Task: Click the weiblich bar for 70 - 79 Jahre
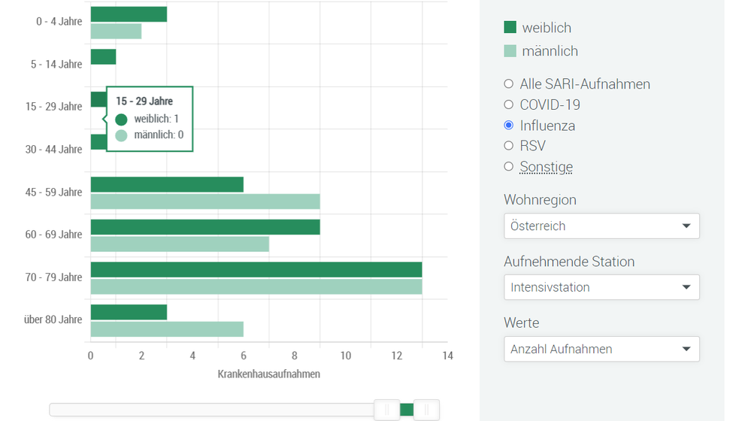tap(256, 269)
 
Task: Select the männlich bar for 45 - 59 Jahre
tap(205, 201)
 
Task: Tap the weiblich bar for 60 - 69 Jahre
tap(205, 227)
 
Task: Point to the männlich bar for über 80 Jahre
tap(167, 329)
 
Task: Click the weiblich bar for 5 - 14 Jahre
tap(103, 57)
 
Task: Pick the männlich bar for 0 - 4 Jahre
tap(116, 32)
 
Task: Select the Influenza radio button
tap(509, 126)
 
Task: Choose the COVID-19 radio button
tap(509, 104)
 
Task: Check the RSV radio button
tap(509, 146)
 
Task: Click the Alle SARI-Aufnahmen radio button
tap(509, 84)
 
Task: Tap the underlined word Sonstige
tap(546, 167)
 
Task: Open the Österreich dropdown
tap(601, 226)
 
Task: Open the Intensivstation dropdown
tap(601, 287)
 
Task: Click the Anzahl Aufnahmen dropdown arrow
tap(686, 349)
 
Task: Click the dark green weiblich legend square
tap(510, 28)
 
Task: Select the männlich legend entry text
tap(550, 51)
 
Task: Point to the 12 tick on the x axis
tap(397, 356)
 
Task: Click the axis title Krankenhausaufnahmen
tap(269, 374)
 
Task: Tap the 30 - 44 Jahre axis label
tap(53, 150)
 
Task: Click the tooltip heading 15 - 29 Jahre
tap(144, 101)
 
